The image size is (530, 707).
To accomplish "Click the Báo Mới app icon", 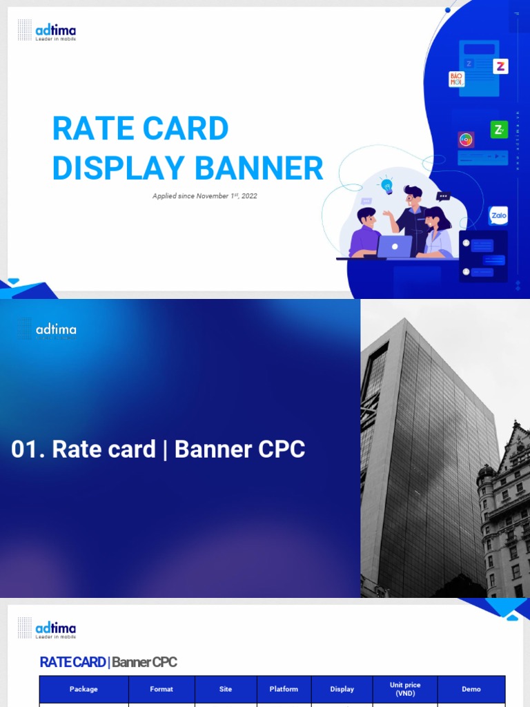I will [x=457, y=79].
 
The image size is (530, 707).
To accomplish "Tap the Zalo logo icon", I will [x=498, y=215].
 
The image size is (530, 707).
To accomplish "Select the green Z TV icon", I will [x=499, y=129].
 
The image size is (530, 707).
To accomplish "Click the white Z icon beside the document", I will [x=500, y=66].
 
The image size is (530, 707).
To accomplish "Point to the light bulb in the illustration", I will [x=386, y=184].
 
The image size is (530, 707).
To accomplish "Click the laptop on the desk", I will [x=395, y=246].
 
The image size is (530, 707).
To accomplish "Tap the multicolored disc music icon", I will [x=466, y=139].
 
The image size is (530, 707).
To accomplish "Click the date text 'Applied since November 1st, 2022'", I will [x=205, y=196].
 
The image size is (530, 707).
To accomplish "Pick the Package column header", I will [x=84, y=689].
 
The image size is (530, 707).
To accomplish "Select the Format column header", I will [x=161, y=689].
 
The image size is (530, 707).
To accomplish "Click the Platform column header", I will [x=284, y=689].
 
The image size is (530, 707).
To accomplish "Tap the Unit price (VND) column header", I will [x=405, y=689].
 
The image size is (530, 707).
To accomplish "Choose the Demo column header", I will [x=471, y=689].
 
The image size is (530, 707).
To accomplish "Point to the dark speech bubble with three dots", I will [x=444, y=196].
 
